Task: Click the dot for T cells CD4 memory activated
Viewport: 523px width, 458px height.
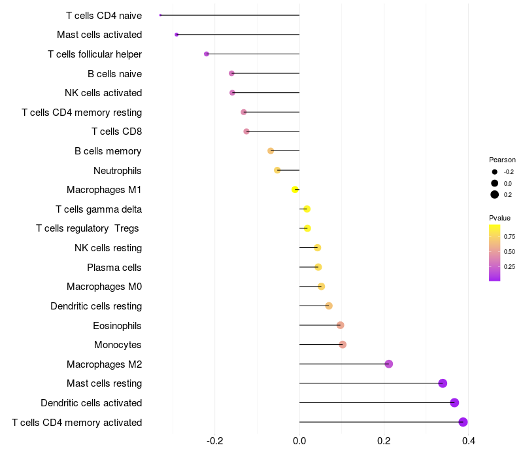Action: click(463, 422)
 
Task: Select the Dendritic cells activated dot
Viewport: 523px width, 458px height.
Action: click(454, 402)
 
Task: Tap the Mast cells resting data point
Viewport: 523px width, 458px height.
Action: click(443, 383)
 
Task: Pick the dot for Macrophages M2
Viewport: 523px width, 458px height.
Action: click(389, 364)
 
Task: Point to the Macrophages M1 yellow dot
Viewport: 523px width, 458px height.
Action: click(295, 190)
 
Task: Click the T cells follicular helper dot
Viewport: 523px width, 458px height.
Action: click(207, 54)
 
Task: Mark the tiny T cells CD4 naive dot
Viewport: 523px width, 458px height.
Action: click(160, 15)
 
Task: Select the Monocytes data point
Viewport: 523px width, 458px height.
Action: click(343, 345)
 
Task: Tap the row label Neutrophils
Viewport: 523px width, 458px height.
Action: click(118, 171)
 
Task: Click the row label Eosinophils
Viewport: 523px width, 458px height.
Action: click(118, 326)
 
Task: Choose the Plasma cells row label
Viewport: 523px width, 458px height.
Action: click(114, 268)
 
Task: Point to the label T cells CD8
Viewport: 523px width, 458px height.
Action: click(117, 132)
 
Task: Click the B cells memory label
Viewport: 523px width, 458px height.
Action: click(108, 151)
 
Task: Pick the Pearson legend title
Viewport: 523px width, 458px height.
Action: click(502, 160)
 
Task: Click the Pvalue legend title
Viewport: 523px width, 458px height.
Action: click(500, 218)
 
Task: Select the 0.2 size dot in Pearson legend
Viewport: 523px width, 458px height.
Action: click(495, 194)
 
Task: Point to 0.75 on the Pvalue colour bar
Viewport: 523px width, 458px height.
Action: click(495, 236)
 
